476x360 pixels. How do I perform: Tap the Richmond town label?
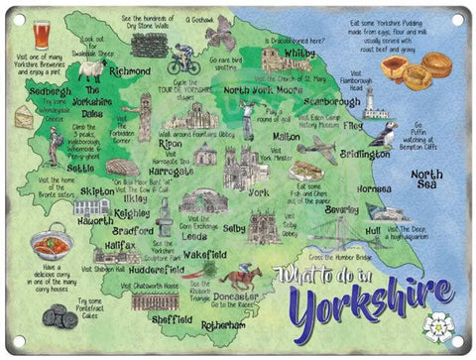(129, 71)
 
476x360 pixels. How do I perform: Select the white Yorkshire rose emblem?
(437, 324)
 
